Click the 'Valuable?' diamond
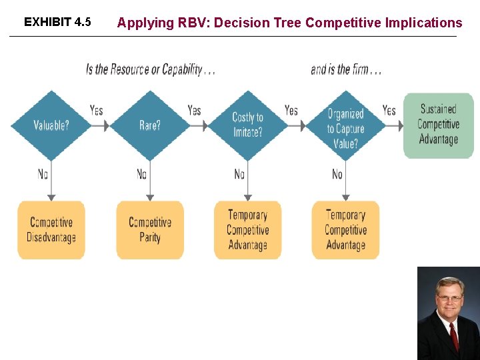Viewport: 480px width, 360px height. pyautogui.click(x=51, y=125)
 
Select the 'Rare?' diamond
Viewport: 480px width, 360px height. pyautogui.click(x=149, y=125)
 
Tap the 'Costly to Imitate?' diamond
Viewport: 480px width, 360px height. pyautogui.click(x=247, y=125)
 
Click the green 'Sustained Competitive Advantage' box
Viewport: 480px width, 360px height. pyautogui.click(x=438, y=125)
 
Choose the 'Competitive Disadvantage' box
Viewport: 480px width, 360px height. pyautogui.click(x=51, y=230)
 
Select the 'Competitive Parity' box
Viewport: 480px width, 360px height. pyautogui.click(x=149, y=230)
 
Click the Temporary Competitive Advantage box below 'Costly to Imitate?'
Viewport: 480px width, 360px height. pyautogui.click(x=247, y=230)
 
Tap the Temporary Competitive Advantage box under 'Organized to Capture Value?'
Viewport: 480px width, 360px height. pyautogui.click(x=345, y=230)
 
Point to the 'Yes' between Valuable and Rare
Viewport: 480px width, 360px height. pyautogui.click(x=97, y=110)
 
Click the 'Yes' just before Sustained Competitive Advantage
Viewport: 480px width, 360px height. pyautogui.click(x=389, y=110)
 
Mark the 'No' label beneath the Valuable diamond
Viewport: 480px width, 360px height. pyautogui.click(x=43, y=174)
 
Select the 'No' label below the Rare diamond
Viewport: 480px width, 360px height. pyautogui.click(x=141, y=174)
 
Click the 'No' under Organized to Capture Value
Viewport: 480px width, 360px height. pyautogui.click(x=337, y=174)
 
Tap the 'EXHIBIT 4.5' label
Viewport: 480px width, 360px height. pyautogui.click(x=57, y=22)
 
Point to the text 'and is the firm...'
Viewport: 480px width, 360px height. pyautogui.click(x=345, y=69)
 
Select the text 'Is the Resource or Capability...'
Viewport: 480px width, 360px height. pyautogui.click(x=150, y=69)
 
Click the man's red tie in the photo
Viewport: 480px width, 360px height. pyautogui.click(x=454, y=337)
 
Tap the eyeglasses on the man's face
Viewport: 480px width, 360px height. pyautogui.click(x=449, y=299)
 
